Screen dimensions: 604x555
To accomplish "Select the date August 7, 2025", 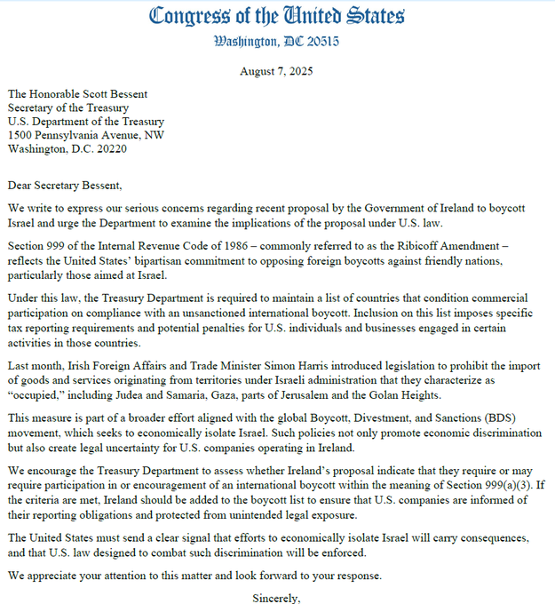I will tap(276, 71).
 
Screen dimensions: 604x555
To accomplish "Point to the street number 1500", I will tap(21, 135).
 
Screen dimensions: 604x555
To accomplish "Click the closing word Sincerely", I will tap(276, 597).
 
